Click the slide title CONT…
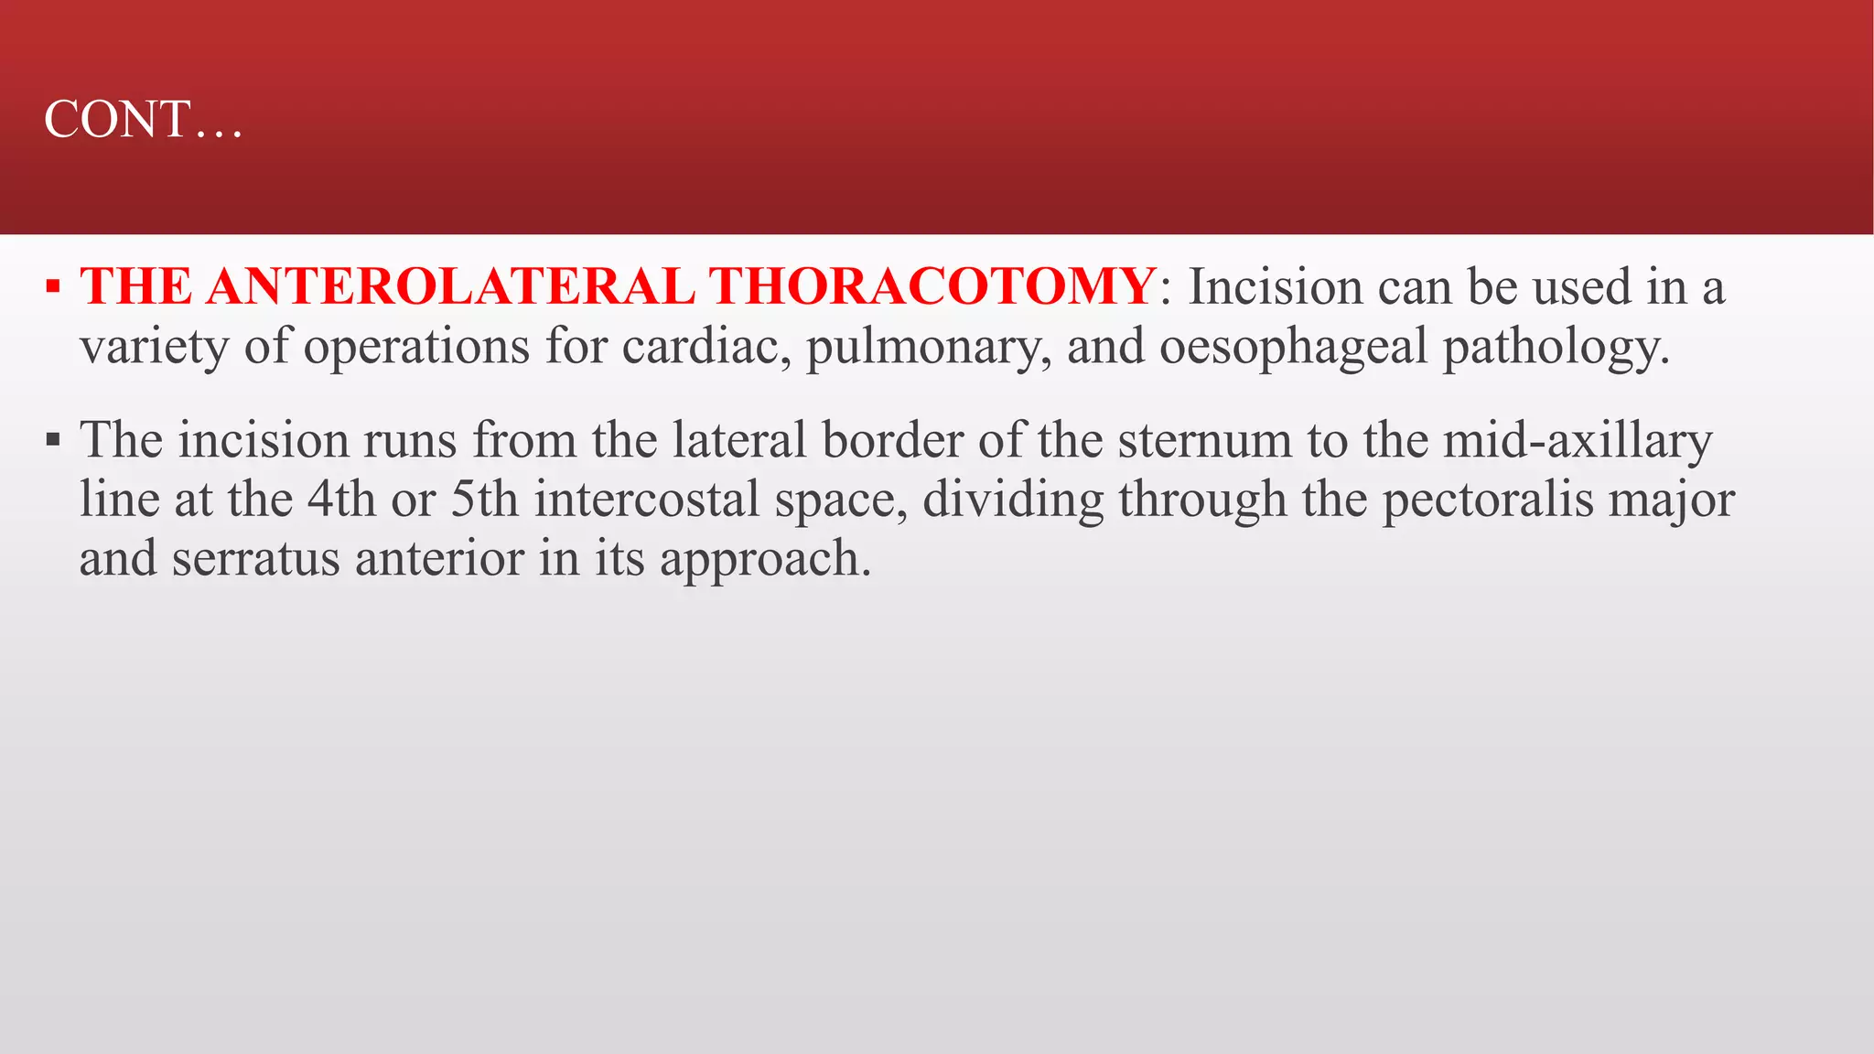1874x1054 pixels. [144, 120]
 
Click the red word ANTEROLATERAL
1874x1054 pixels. [450, 286]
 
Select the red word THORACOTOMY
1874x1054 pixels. [932, 286]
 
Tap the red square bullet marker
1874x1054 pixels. [53, 288]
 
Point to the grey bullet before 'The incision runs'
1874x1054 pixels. [53, 441]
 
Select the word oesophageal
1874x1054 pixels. [1293, 349]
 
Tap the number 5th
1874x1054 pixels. [485, 500]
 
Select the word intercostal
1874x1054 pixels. [647, 500]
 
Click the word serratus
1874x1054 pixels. [255, 558]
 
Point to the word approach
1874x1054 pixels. [765, 560]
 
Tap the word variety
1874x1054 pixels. [154, 349]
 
